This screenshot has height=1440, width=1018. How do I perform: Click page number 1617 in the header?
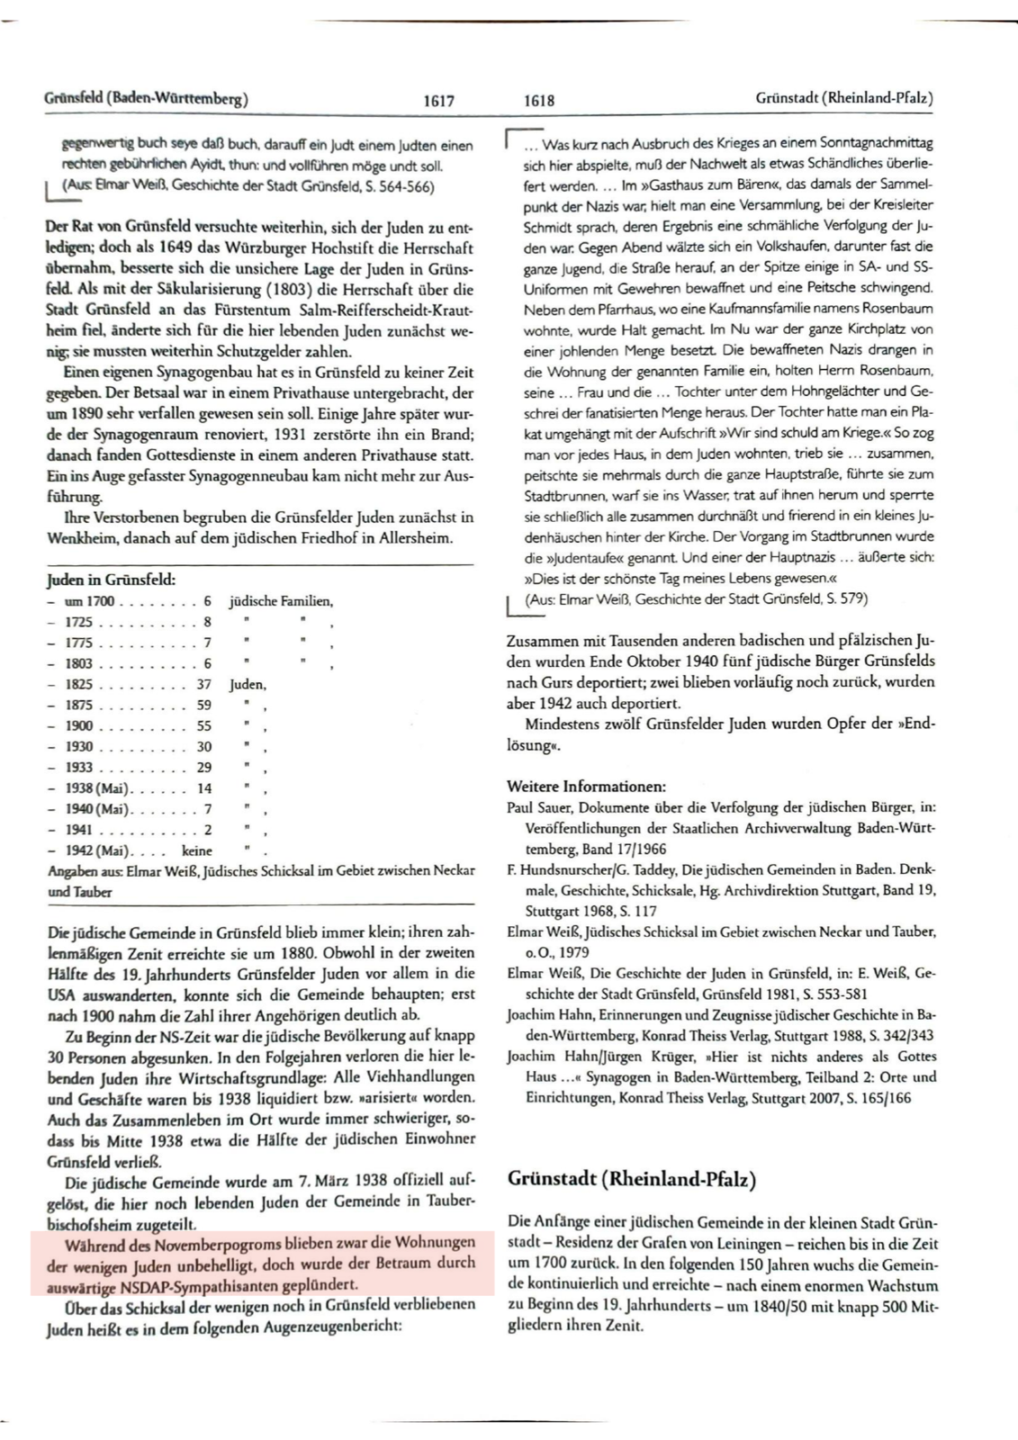tap(438, 102)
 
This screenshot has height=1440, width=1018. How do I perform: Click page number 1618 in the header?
tap(538, 102)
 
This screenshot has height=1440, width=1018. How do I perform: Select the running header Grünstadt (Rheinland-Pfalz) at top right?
tap(844, 98)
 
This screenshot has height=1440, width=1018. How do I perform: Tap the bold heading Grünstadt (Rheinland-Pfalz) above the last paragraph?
tap(632, 1179)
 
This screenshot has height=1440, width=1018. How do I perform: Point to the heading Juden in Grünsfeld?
tap(111, 580)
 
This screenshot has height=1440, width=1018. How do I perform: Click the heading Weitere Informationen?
tap(586, 787)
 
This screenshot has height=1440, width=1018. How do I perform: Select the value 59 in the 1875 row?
tap(203, 705)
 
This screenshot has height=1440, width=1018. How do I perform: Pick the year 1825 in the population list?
tap(79, 684)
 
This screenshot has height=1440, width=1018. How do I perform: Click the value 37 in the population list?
tap(203, 684)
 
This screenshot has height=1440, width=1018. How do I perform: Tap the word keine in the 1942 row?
tap(197, 850)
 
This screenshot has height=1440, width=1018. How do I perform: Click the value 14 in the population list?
tap(204, 788)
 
